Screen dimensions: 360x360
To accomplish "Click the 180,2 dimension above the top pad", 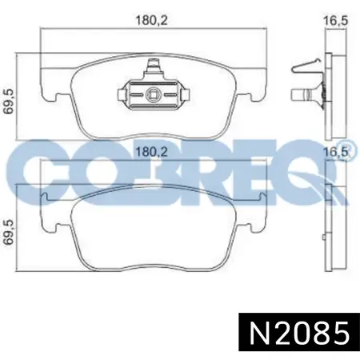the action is [x=152, y=21].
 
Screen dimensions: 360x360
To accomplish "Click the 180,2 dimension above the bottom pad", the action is [x=152, y=152].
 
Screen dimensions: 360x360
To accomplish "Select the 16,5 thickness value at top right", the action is [x=336, y=21].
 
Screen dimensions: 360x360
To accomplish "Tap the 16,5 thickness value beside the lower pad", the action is [x=336, y=152].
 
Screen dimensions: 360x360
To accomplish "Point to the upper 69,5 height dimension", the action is [x=9, y=102].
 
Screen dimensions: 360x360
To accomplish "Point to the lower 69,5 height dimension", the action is [x=9, y=232].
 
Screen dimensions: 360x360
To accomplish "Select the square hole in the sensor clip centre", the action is [x=153, y=94].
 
